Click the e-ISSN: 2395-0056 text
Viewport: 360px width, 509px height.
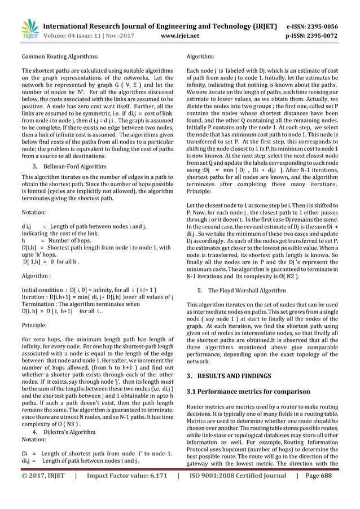tap(317, 26)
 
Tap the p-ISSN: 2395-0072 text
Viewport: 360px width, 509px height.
tap(317, 35)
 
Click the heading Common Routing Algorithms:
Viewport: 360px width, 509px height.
tap(59, 57)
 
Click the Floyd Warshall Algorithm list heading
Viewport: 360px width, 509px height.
tap(245, 290)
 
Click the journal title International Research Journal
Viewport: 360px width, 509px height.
tap(161, 26)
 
